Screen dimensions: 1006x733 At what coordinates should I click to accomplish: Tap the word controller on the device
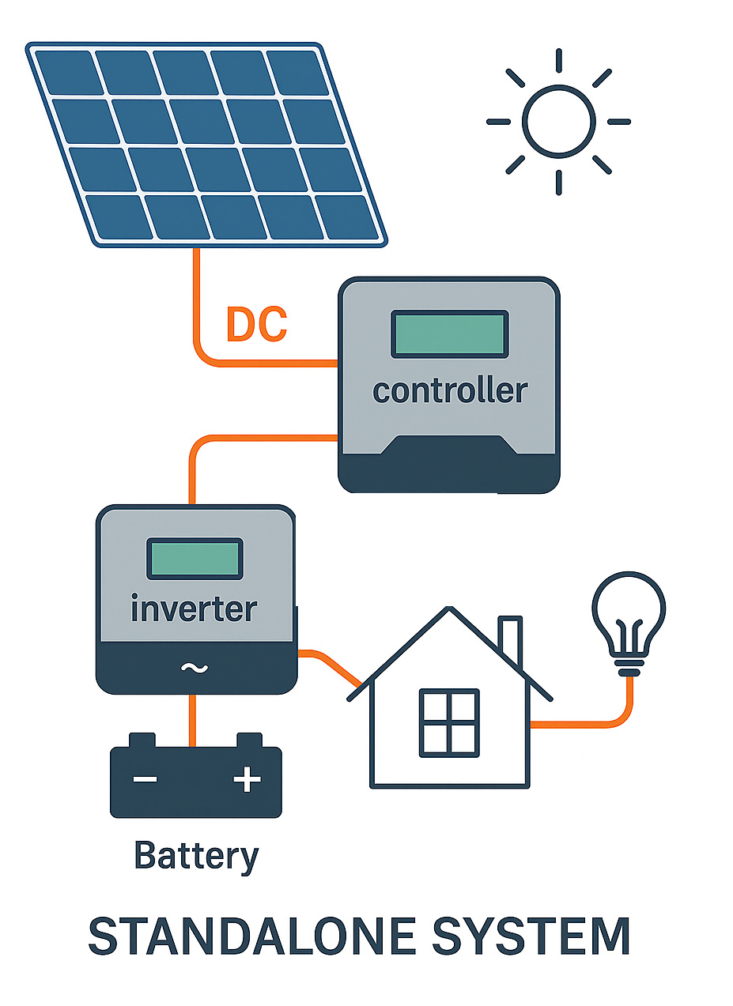point(449,390)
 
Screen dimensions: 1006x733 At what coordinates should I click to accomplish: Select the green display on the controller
point(449,333)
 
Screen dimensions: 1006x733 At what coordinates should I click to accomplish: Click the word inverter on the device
point(194,609)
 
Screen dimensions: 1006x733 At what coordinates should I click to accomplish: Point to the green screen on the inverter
point(194,558)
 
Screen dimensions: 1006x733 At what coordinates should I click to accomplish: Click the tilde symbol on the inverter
point(194,669)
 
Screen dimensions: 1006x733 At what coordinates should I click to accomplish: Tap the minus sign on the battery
point(145,780)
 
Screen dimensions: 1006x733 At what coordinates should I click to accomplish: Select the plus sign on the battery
point(247,780)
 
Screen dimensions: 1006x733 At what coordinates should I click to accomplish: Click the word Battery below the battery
point(196,857)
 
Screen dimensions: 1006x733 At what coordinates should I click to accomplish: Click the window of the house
point(448,722)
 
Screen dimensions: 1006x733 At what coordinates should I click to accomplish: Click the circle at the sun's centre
point(558,121)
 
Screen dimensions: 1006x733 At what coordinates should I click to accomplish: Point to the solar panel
point(206,142)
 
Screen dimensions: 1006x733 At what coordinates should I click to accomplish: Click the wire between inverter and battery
point(191,719)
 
